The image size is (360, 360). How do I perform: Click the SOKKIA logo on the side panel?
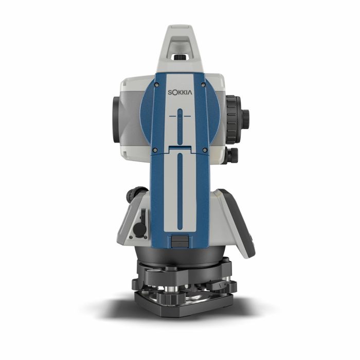[x=180, y=92]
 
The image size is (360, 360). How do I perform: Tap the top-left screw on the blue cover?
[x=156, y=85]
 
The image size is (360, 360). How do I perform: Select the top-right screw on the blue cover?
[x=203, y=85]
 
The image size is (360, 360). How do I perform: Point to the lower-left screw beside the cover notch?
[x=155, y=150]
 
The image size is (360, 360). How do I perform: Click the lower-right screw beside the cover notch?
[x=205, y=150]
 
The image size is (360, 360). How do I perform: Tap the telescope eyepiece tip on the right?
[x=245, y=116]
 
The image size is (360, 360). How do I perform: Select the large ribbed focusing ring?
[x=233, y=120]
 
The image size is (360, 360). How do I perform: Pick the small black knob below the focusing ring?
[x=232, y=155]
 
